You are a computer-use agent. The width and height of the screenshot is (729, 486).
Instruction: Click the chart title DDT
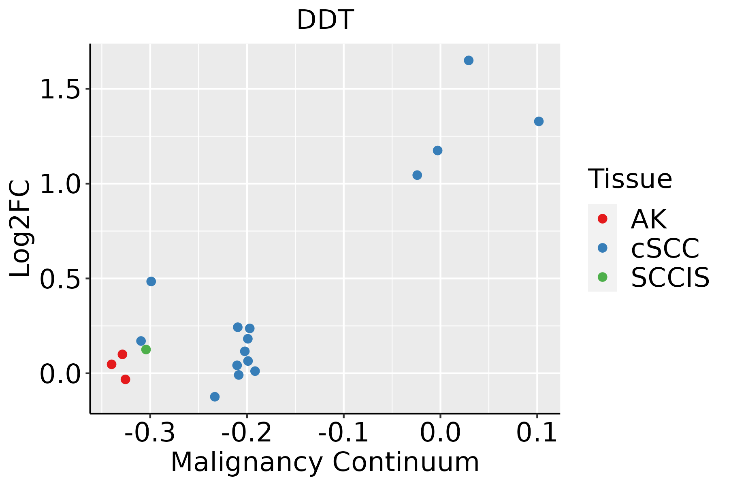(x=325, y=20)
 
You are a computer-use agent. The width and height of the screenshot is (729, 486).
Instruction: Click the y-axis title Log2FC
(x=20, y=229)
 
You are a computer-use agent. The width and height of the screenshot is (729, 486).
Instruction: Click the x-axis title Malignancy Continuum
(x=325, y=463)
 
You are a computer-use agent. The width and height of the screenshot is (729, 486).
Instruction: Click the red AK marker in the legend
(x=603, y=219)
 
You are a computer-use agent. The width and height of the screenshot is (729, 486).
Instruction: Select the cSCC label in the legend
(x=665, y=248)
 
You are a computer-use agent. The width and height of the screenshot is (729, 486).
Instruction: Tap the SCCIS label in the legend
(x=670, y=277)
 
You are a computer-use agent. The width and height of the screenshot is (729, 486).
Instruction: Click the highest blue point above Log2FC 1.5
(x=469, y=61)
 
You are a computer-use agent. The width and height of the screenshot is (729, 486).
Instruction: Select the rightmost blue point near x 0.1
(x=539, y=122)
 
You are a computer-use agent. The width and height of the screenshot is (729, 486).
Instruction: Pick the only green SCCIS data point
(x=146, y=350)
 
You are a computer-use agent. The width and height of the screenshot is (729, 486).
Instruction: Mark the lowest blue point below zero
(x=215, y=396)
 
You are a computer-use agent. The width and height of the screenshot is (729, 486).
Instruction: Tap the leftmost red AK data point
(x=112, y=364)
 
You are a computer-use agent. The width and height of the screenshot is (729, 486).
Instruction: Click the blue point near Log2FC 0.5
(x=151, y=281)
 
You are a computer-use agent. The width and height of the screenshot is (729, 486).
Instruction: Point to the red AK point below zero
(x=126, y=379)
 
